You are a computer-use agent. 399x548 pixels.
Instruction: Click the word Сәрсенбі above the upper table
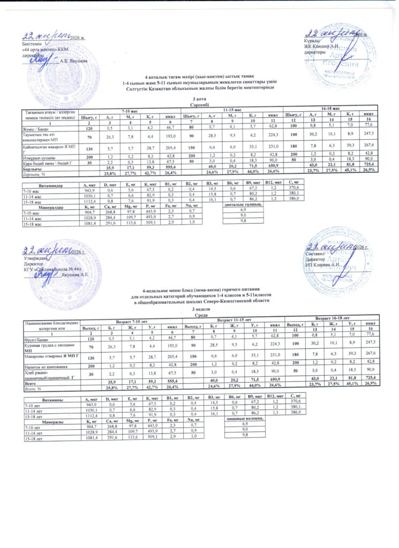(199, 104)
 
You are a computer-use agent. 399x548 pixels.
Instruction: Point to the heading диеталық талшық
(245, 205)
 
